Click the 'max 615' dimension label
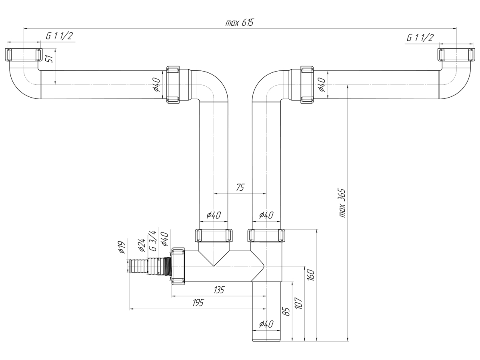point(240,22)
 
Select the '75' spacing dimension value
point(240,187)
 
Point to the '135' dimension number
point(219,290)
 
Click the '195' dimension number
point(198,303)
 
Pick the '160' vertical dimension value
point(310,275)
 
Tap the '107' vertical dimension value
point(298,303)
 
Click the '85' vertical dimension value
point(286,312)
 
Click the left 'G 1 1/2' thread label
point(59,36)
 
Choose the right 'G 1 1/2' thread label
point(420,38)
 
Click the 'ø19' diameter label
point(122,247)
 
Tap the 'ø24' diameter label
point(141,245)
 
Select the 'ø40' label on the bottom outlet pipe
point(266,324)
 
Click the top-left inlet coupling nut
point(23,55)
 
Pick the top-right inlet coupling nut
point(456,55)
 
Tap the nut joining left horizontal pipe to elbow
point(173,84)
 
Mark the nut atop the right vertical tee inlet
point(266,236)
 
